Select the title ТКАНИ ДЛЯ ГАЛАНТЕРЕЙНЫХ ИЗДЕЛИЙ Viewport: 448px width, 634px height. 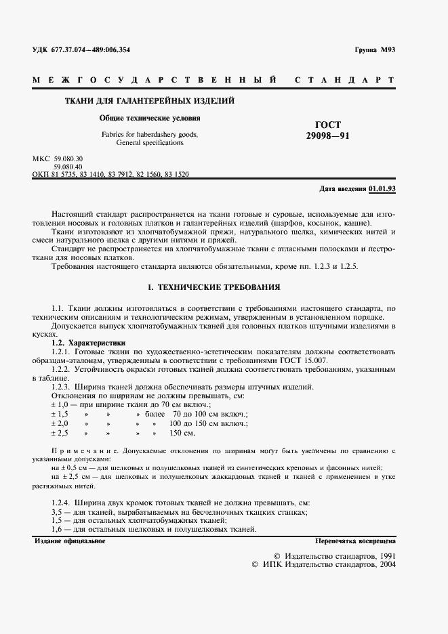(149, 101)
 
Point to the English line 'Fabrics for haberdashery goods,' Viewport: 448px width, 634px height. (150, 135)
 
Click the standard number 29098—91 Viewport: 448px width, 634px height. (329, 136)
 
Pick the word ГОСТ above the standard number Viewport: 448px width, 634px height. (329, 125)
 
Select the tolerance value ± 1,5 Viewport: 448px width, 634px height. (60, 413)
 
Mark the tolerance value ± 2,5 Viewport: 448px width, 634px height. (60, 432)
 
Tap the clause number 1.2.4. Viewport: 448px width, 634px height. (61, 503)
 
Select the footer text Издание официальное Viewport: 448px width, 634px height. (69, 541)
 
